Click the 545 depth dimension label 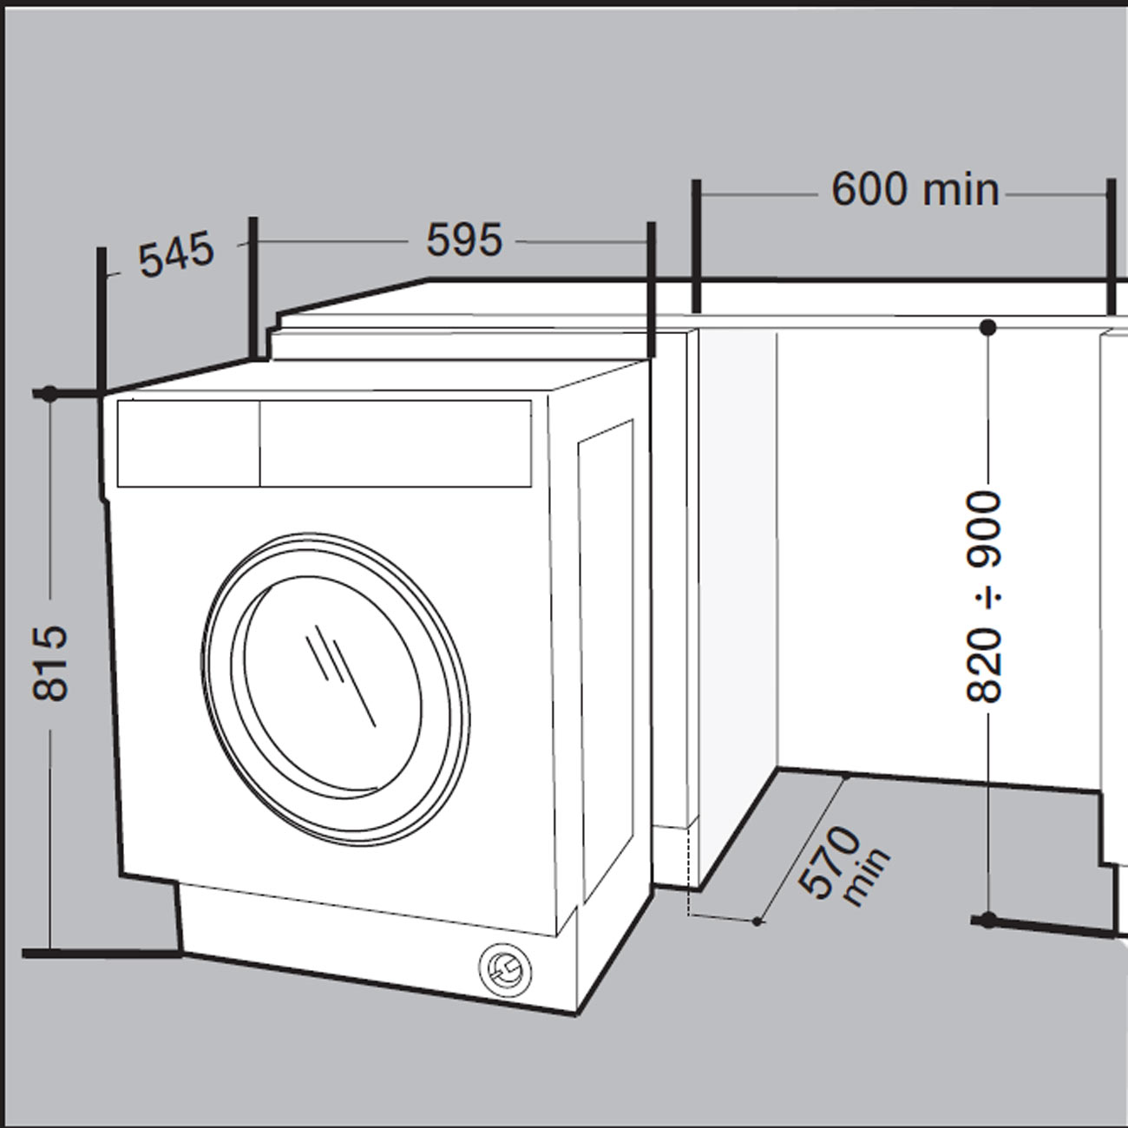(176, 254)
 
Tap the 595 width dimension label (464, 239)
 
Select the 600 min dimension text (915, 189)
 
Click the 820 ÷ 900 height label (985, 596)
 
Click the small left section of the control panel (188, 443)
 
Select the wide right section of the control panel (396, 443)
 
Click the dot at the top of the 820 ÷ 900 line (987, 327)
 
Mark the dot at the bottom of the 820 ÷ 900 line (987, 920)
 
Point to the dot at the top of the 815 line (49, 393)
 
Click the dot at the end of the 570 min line (757, 921)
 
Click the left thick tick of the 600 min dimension (695, 245)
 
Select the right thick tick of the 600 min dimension (1110, 245)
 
